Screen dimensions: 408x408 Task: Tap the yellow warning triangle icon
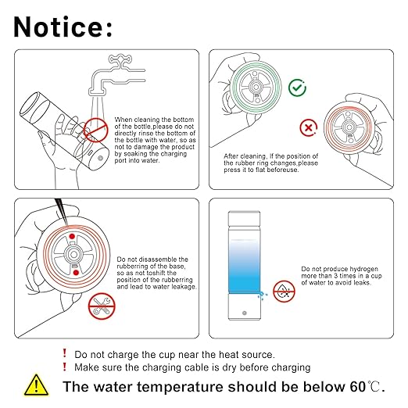tap(36, 385)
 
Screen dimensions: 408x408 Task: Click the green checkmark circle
tap(297, 88)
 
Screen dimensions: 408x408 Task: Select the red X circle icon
tap(309, 128)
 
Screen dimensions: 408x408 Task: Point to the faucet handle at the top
tap(120, 59)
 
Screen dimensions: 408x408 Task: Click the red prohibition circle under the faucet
tap(95, 130)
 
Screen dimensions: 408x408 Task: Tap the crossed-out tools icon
tap(102, 306)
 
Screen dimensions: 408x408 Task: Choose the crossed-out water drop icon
tap(284, 292)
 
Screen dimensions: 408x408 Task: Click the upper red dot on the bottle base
tap(72, 237)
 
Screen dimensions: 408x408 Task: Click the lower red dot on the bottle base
tap(76, 273)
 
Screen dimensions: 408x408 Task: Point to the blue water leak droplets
tap(263, 295)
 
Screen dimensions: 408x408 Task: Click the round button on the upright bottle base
tap(245, 313)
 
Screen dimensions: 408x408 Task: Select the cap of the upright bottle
tap(244, 218)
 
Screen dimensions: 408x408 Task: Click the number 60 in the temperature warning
tap(358, 387)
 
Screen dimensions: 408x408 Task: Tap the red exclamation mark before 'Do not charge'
tap(65, 353)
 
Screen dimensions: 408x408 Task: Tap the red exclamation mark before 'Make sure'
tap(65, 367)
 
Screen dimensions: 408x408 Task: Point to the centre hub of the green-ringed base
tap(256, 87)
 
